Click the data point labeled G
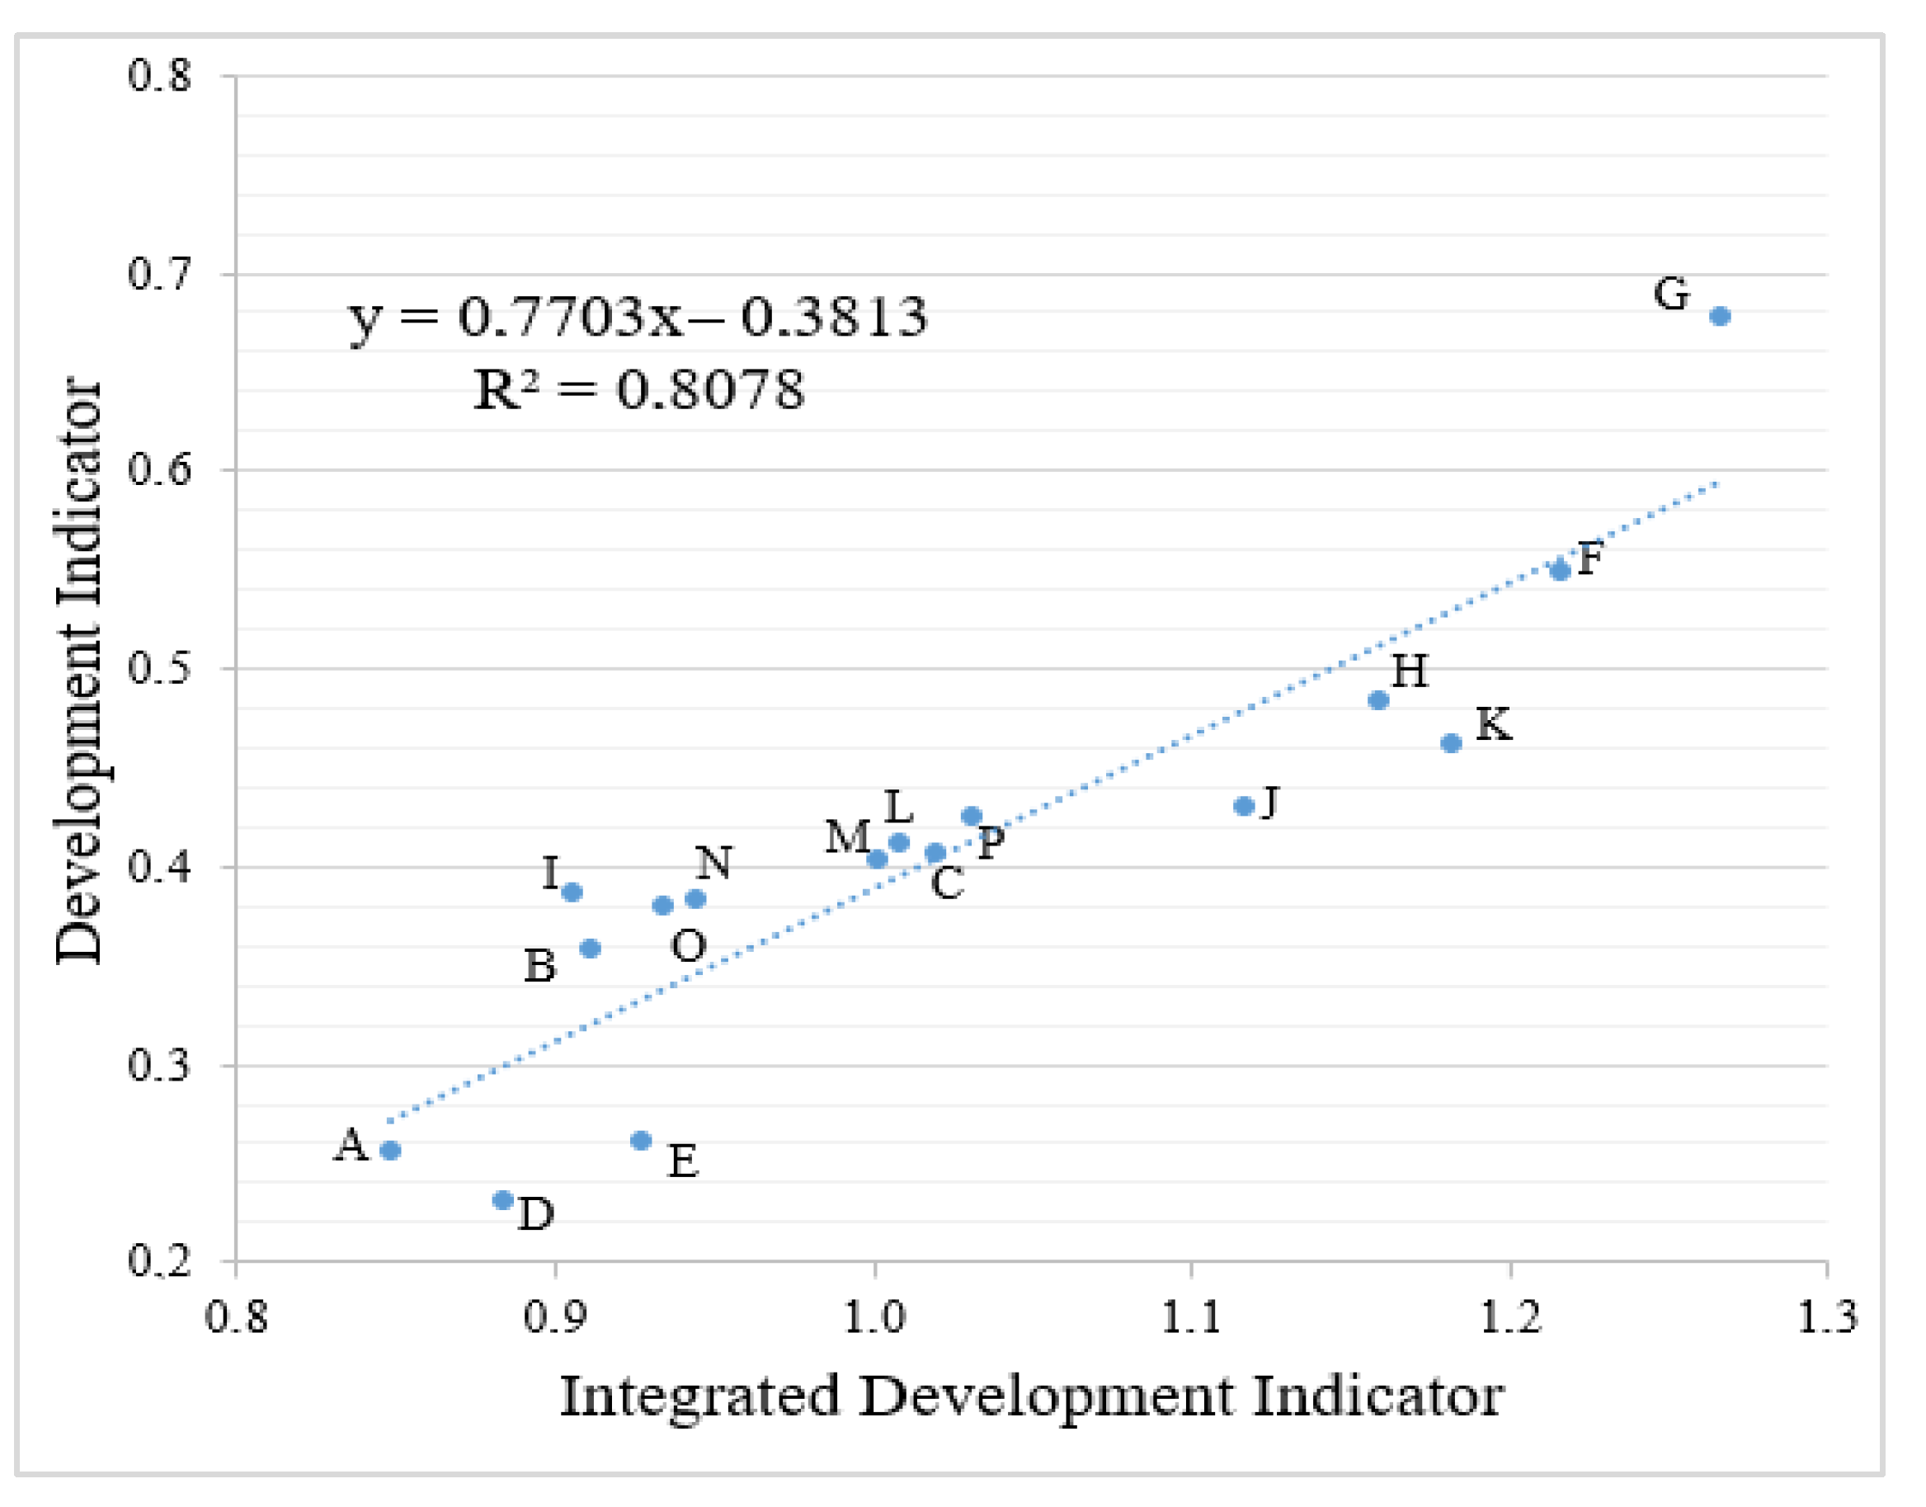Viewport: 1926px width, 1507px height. coord(1720,316)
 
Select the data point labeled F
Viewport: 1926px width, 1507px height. coord(1560,570)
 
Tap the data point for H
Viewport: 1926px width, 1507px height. coord(1378,700)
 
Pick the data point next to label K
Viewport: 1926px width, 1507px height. coord(1452,743)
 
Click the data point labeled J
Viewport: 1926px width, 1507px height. coord(1244,806)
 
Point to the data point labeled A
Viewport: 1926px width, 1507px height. coord(390,1151)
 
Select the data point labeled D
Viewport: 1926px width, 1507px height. coord(503,1200)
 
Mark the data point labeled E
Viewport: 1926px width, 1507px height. coord(642,1141)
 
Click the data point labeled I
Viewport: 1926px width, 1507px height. coord(572,892)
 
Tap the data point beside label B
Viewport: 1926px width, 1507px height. coord(591,949)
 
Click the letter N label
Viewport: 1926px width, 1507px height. coord(713,863)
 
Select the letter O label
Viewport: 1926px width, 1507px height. coord(688,947)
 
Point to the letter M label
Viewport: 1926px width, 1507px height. coord(847,836)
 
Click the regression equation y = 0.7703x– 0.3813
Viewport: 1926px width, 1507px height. coord(638,317)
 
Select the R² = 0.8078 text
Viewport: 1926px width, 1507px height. coord(638,389)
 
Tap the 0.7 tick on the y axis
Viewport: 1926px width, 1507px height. coord(159,274)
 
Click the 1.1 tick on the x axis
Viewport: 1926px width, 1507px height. coord(1191,1317)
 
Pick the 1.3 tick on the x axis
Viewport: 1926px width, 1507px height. coord(1827,1317)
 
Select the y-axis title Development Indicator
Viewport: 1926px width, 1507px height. coord(78,671)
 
